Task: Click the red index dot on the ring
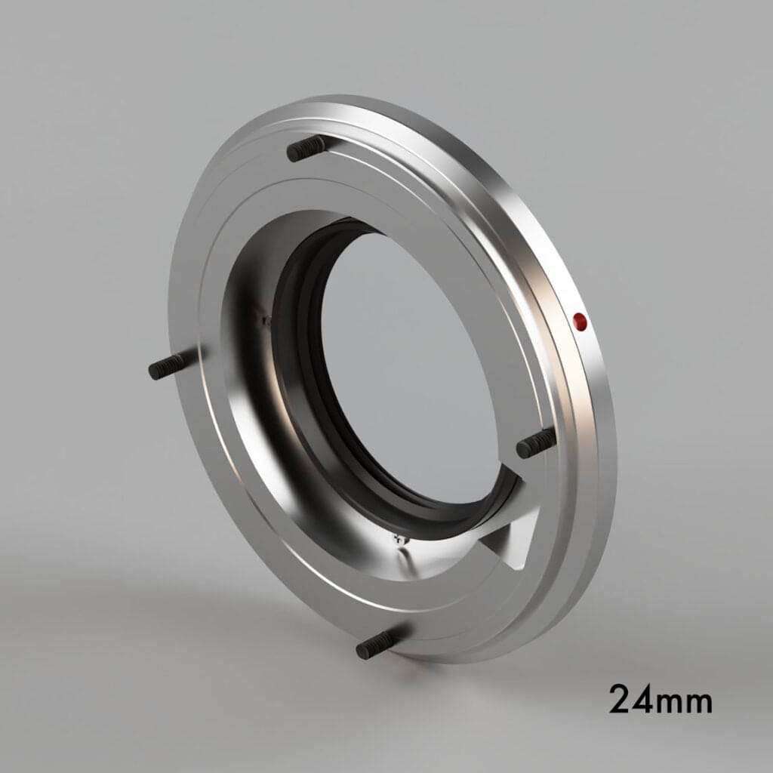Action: (580, 322)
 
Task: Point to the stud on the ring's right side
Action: (536, 444)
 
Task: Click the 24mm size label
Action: (660, 699)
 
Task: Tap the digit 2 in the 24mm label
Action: (624, 699)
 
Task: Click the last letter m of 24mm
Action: (697, 702)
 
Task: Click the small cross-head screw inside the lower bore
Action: (399, 537)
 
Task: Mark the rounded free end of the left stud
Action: (154, 371)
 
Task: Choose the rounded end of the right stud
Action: (522, 449)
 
